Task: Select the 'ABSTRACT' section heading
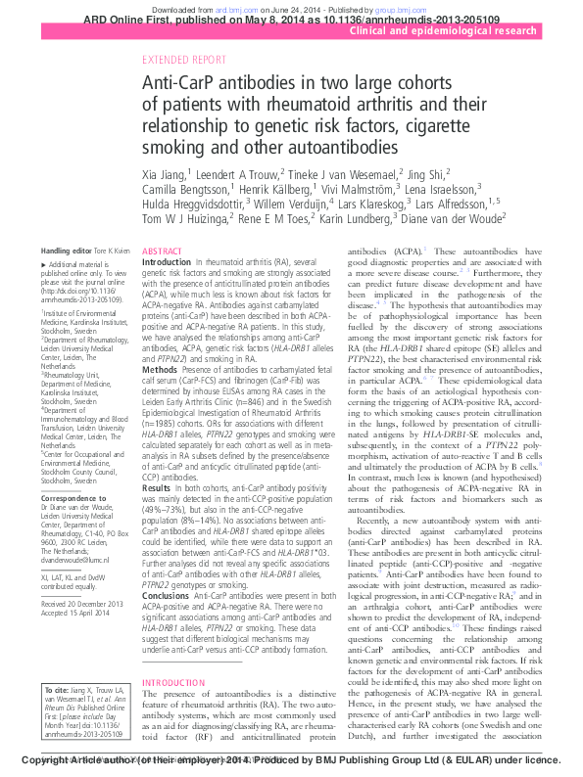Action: coord(163,252)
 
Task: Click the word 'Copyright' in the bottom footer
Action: coord(49,759)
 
